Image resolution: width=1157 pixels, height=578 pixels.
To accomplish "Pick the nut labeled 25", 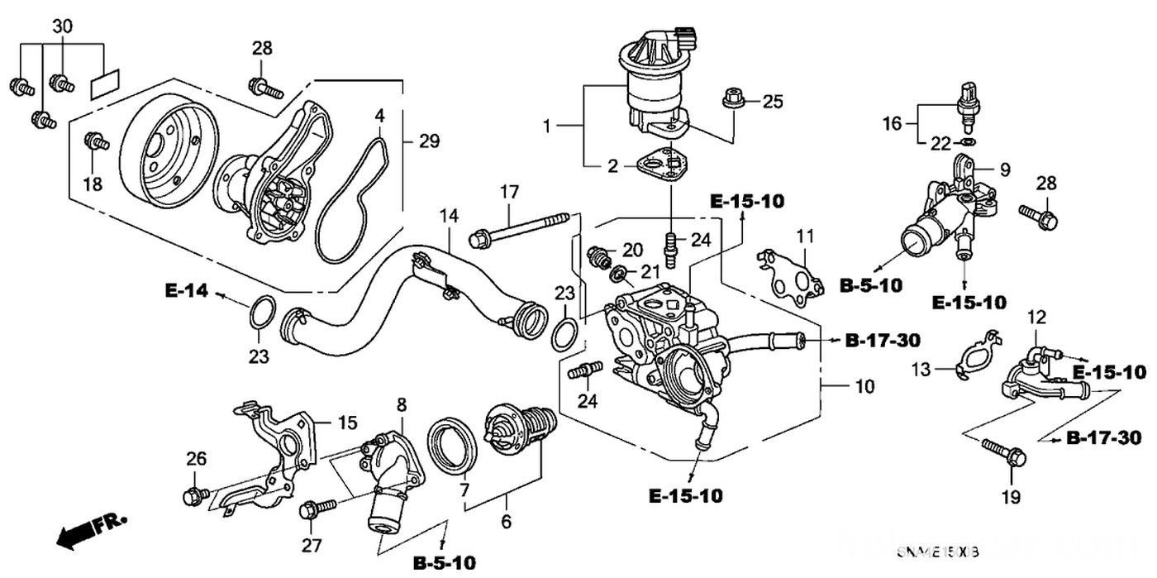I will click(732, 99).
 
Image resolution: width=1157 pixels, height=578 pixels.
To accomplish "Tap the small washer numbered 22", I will click(969, 142).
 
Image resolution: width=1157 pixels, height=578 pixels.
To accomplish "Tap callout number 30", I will click(62, 26).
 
